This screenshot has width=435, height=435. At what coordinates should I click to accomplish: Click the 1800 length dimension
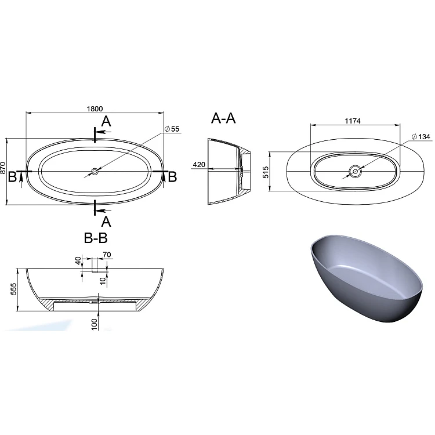click(95, 108)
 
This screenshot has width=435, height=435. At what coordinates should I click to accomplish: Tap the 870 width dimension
click(3, 168)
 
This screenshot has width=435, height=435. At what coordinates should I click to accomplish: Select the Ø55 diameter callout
click(172, 129)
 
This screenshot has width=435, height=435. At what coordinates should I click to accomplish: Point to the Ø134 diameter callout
click(421, 136)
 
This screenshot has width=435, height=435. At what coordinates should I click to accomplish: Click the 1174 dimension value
click(353, 121)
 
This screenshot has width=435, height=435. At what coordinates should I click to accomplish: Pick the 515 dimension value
click(266, 172)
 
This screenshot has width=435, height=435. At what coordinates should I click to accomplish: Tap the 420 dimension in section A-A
click(199, 165)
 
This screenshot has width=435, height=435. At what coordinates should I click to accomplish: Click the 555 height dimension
click(13, 289)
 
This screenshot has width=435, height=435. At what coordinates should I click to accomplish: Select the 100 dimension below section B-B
click(95, 324)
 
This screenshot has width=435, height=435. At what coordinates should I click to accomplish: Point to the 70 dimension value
click(107, 255)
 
